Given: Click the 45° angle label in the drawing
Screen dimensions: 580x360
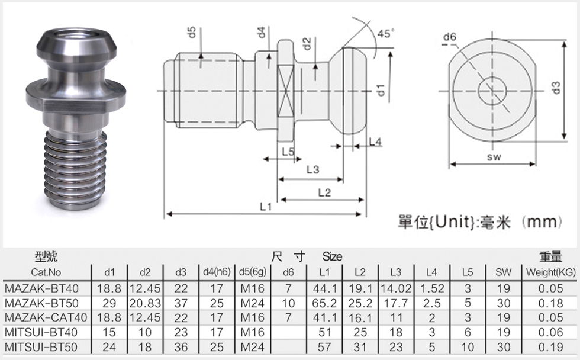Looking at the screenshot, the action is tap(386, 33).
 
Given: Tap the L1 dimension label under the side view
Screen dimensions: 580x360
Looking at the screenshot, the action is tap(266, 207).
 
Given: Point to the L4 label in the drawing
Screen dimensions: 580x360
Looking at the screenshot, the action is tap(375, 142).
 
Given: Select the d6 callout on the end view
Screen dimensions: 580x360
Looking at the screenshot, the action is tap(450, 37).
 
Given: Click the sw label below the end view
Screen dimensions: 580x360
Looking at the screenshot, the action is tap(494, 157).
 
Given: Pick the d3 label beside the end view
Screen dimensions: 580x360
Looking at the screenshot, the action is tap(556, 88).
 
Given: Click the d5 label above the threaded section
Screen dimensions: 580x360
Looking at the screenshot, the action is tap(191, 32).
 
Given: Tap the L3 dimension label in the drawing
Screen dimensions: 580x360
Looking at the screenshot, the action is tap(312, 169).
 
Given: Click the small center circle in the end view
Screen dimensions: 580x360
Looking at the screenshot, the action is tap(492, 91).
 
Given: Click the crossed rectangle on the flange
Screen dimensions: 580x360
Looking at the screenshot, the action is tap(286, 91).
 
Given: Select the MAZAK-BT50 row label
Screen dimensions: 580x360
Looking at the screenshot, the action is tap(41, 303).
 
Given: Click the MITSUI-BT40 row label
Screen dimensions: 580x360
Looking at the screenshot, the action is tap(41, 332).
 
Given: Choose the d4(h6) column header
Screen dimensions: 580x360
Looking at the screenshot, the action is tap(217, 272).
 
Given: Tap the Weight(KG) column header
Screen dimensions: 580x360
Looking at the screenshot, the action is tap(551, 272).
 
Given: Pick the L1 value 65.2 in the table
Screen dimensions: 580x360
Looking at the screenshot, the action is tap(324, 303).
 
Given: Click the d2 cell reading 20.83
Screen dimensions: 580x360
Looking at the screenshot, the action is tap(145, 303).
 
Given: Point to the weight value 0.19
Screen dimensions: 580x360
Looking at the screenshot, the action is tap(551, 347).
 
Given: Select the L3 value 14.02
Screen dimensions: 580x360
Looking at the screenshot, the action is tap(396, 288).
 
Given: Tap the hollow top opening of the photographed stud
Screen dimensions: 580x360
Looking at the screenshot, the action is tap(78, 37).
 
